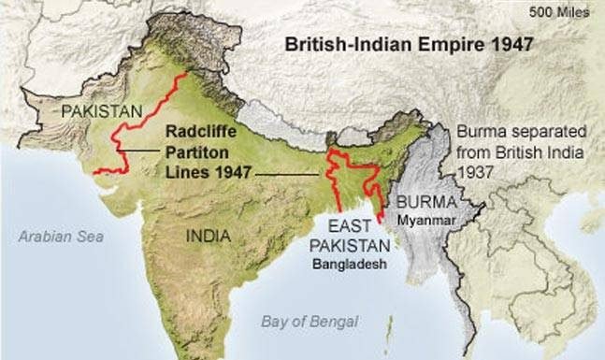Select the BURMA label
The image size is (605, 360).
425,200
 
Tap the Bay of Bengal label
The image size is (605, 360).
309,322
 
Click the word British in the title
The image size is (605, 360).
312,44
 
